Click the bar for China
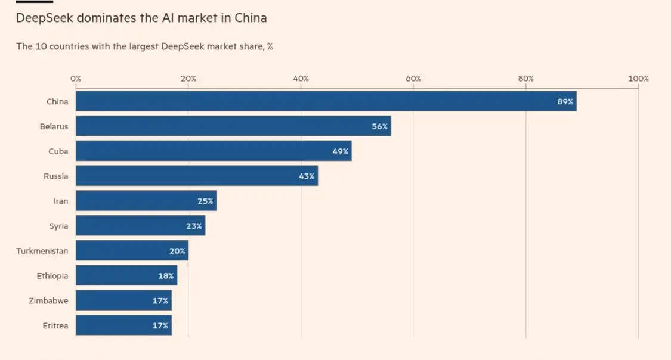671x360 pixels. point(326,101)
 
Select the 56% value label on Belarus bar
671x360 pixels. point(379,126)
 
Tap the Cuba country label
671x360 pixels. point(58,151)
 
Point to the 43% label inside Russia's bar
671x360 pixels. point(307,176)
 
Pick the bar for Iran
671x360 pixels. point(146,201)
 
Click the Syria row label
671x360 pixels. point(58,226)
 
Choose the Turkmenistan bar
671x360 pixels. point(132,252)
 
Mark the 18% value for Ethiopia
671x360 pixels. point(166,277)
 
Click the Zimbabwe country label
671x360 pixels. point(48,301)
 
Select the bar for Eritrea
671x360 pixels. point(123,326)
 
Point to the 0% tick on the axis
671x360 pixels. point(76,79)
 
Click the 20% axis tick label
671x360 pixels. point(188,79)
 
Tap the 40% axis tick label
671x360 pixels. point(301,79)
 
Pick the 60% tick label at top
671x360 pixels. point(413,79)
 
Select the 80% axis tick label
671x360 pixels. point(525,79)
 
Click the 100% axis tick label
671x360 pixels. point(638,79)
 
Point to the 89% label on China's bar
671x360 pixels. point(565,102)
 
